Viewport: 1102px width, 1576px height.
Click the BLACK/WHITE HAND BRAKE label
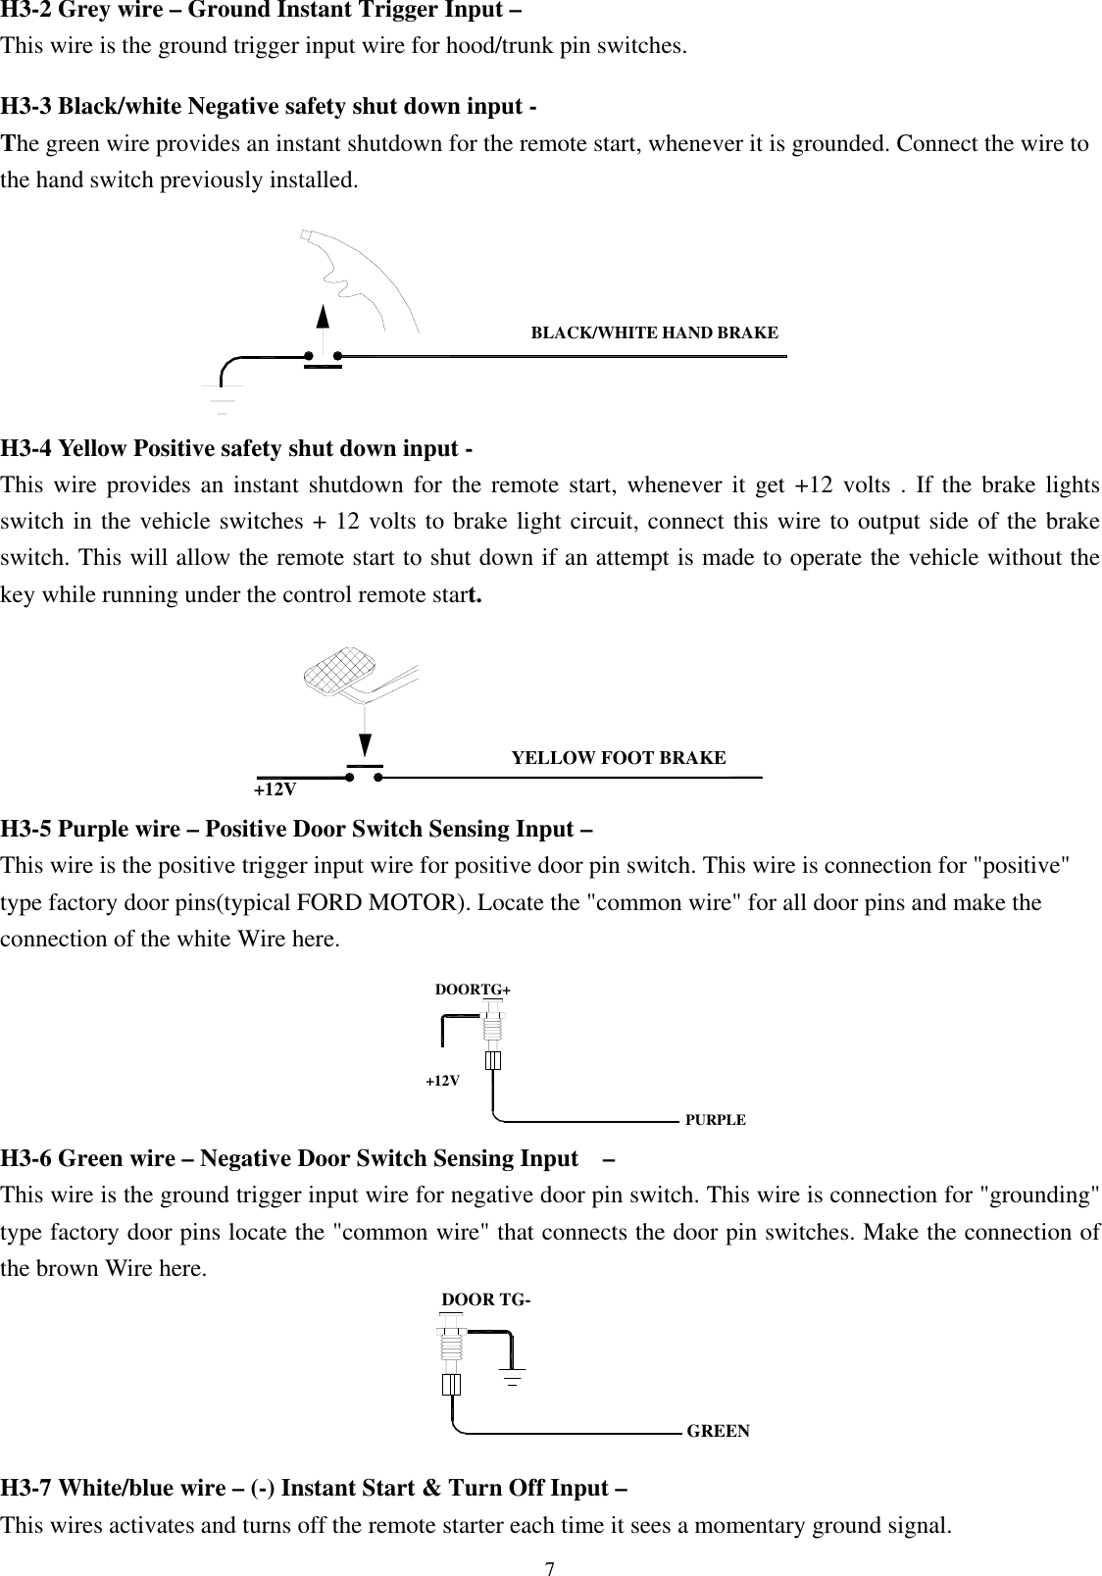[x=654, y=332]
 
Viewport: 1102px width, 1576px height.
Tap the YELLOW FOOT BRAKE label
[x=619, y=758]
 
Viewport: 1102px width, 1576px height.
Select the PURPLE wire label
[x=715, y=1120]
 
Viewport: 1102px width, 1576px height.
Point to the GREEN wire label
[x=718, y=1431]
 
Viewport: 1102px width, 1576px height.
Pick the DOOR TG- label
[x=487, y=1300]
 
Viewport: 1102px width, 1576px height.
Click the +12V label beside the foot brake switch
[x=275, y=789]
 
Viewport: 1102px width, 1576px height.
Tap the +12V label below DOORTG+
[x=442, y=1081]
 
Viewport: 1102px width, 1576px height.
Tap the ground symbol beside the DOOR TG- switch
[x=513, y=1375]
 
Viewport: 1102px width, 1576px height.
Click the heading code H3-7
[x=26, y=1489]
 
